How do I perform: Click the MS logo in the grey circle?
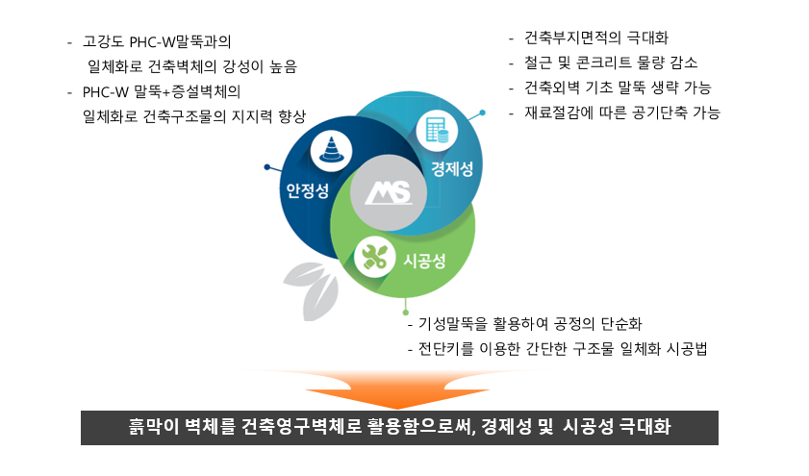pos(389,193)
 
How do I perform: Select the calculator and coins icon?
pos(437,130)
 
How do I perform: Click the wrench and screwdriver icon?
pos(374,257)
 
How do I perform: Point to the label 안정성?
pos(308,190)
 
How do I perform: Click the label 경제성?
pos(452,168)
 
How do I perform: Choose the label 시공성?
pos(424,261)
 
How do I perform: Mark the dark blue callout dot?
pos(266,167)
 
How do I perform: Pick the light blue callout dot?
pos(482,113)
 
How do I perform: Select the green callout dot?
pos(406,313)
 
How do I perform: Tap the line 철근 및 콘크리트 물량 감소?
pos(611,63)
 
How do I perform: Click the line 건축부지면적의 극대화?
pos(595,38)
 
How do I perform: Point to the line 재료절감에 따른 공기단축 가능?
pos(622,113)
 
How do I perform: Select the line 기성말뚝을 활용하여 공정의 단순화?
pos(530,324)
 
